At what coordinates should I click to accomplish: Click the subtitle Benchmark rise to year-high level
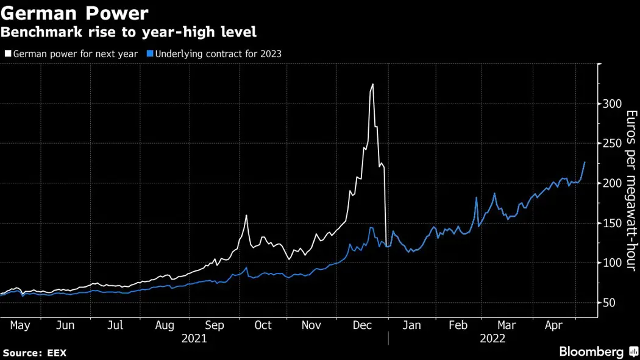point(129,32)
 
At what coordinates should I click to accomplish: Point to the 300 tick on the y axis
point(611,104)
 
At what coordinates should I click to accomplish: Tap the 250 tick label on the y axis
point(611,143)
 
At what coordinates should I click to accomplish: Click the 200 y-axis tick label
point(611,183)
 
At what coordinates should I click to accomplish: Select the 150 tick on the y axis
point(611,223)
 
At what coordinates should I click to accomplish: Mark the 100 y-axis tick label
point(611,263)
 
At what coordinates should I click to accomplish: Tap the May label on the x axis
point(20,326)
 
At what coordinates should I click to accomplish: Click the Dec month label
point(362,326)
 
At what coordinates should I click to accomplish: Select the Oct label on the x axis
point(263,326)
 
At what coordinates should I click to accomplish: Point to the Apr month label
point(553,326)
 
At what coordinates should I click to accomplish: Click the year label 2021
point(194,339)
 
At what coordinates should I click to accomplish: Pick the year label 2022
point(492,339)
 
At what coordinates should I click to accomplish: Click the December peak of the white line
point(372,85)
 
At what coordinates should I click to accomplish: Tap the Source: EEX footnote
point(35,353)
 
